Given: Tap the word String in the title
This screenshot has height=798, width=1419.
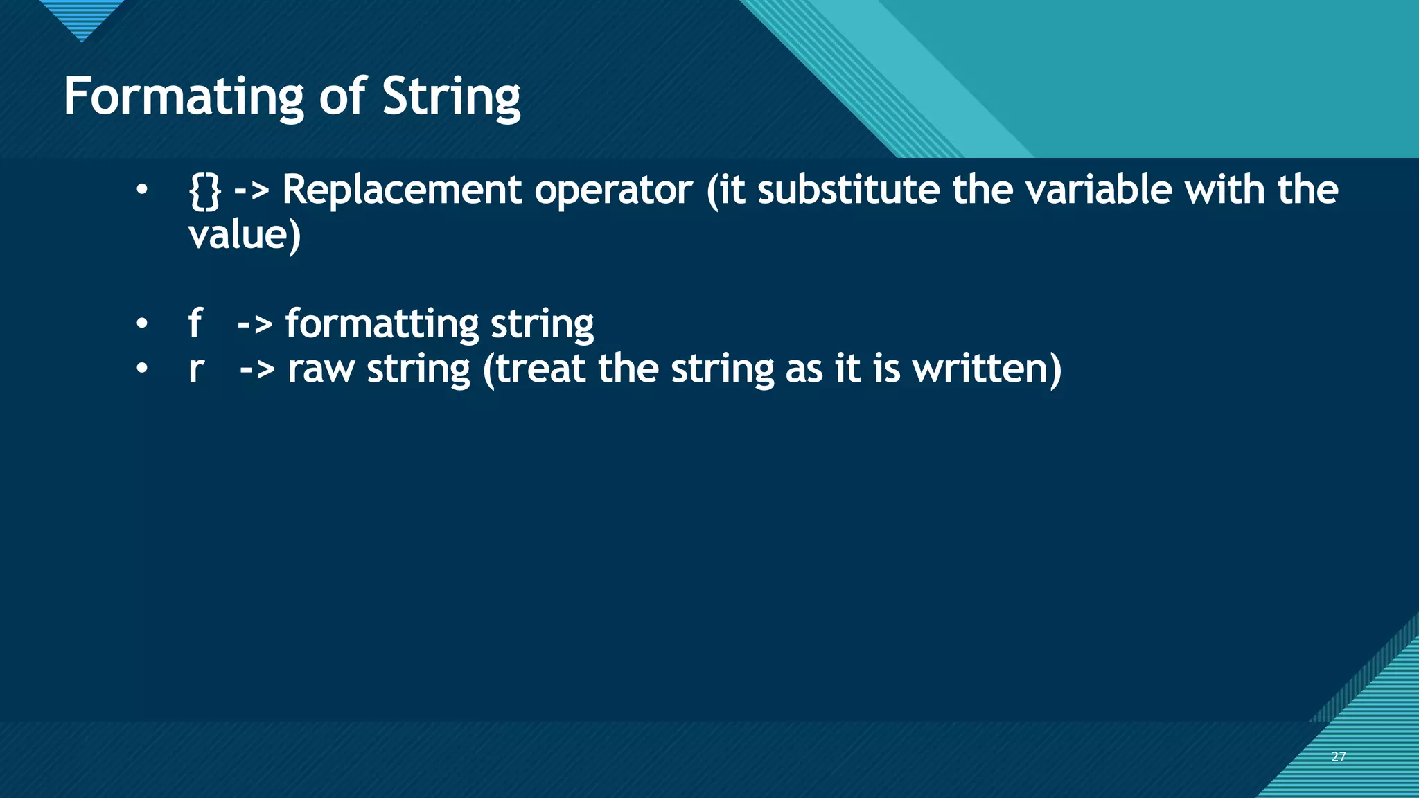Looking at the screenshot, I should coord(451,97).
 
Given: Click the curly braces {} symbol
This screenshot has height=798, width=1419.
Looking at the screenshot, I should coord(204,190).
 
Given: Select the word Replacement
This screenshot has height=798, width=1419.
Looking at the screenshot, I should coord(402,190).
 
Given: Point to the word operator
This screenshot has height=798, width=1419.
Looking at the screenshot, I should coord(613,190).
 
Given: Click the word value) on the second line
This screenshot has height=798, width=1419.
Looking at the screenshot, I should coord(245,235).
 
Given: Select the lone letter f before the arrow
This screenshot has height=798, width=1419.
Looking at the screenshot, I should coord(195,323).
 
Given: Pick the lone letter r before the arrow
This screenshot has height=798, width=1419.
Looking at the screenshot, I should coord(196,369).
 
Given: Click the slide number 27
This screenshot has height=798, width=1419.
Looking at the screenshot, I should coord(1338,756).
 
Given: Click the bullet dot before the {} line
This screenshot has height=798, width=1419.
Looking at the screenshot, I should coord(142,189).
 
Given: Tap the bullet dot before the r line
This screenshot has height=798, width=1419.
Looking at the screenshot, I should coord(142,369).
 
